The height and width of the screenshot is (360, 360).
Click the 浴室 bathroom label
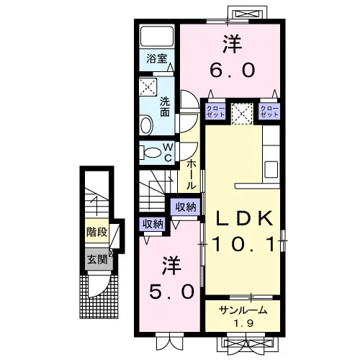point(156,58)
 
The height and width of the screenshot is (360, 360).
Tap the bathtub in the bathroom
point(157,36)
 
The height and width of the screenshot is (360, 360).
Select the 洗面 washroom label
point(165,107)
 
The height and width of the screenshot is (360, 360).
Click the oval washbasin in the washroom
point(146,125)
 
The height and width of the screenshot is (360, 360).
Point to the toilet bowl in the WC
point(151,153)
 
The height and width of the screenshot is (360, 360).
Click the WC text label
point(168,152)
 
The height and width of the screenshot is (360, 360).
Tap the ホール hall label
point(192,174)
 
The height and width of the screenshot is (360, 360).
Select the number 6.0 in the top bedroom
point(233,71)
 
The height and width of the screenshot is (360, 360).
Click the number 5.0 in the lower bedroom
point(171,292)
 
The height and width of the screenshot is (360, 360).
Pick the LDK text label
point(244,218)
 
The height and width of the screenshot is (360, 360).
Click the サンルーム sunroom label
point(243,311)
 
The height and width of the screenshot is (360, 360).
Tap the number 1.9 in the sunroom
point(243,323)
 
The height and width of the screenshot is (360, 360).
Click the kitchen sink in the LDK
point(271,169)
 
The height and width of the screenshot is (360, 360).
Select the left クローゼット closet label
point(215,112)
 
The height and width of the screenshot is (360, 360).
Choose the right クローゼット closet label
point(269,112)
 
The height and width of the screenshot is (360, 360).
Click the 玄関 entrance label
point(97,259)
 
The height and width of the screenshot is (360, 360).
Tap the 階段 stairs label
point(97,232)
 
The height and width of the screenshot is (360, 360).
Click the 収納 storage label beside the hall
point(186,207)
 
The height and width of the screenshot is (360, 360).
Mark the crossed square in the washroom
point(148,86)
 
